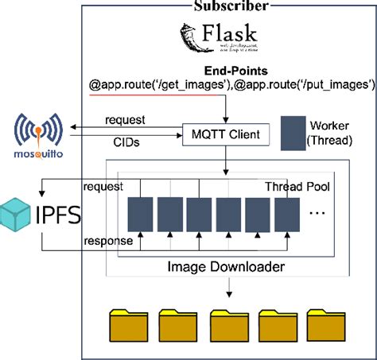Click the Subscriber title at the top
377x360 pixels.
(x=231, y=6)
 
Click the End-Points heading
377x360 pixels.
(x=233, y=71)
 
